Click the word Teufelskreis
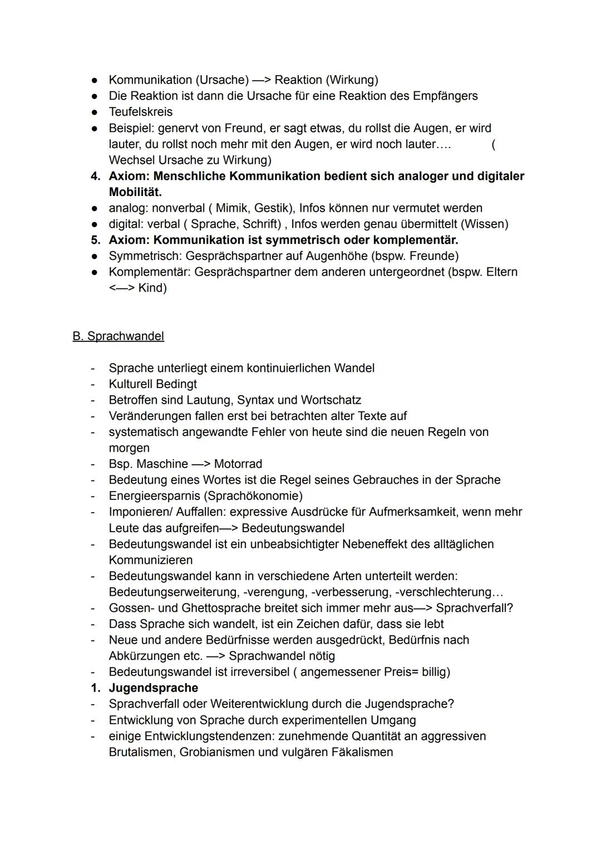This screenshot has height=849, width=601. coord(141,112)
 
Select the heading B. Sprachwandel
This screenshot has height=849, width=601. coord(118,336)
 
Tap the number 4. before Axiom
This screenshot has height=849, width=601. coord(96,176)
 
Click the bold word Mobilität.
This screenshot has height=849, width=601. coord(135,192)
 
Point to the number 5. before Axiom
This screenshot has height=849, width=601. coord(96,241)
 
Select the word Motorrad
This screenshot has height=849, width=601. coord(238,464)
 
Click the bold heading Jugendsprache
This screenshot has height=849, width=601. coord(153,688)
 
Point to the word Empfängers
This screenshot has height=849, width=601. coord(445,96)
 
